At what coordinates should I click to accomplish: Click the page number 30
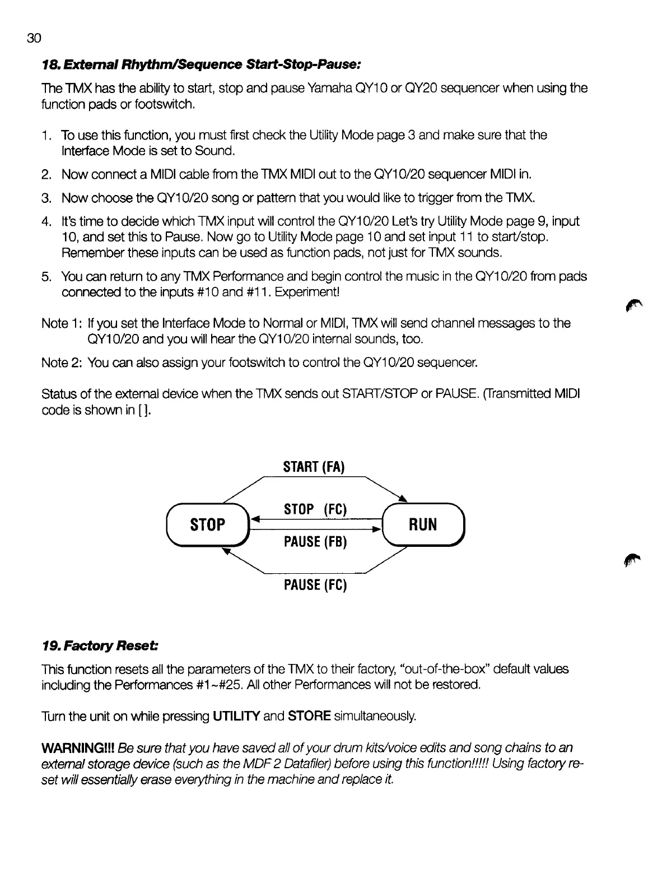coord(34,38)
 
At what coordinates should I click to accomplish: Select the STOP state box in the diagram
coord(208,524)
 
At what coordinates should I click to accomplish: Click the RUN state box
coord(423,524)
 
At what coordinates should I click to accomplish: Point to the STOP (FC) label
coord(316,509)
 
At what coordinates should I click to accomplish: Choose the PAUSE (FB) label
coord(316,542)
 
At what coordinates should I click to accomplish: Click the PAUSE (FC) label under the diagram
coord(316,586)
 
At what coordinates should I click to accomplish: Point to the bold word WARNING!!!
coord(78,748)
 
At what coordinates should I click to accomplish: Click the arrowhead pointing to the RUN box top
coord(403,499)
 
